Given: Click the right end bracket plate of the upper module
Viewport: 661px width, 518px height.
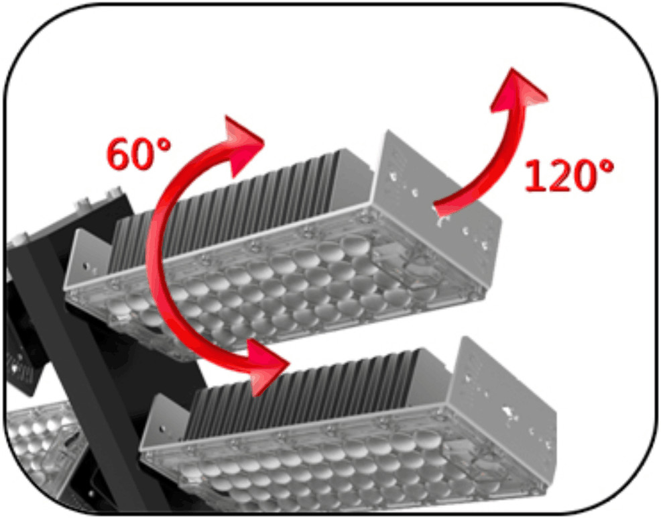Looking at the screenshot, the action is [x=438, y=190].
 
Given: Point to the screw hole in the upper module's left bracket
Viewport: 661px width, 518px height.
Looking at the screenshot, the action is [x=86, y=266].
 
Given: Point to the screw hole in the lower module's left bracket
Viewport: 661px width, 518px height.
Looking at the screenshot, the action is [x=162, y=429].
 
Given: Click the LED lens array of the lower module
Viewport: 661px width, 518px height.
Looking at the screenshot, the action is [x=350, y=464].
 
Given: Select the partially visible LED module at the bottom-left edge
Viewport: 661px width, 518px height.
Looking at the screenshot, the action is [x=42, y=447].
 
